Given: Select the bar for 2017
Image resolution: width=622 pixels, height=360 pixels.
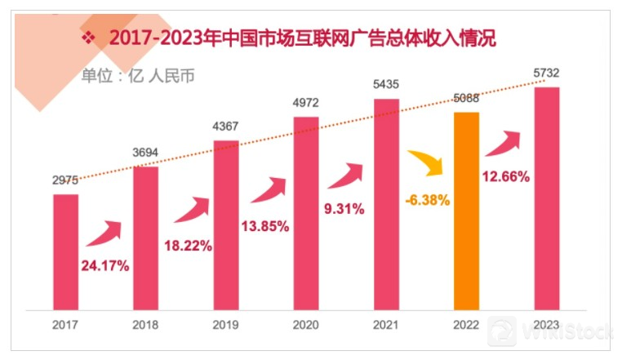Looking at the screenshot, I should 65,251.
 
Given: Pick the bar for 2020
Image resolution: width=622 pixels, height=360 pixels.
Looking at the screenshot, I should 306,213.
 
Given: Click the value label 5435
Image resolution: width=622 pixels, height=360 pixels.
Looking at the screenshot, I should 386,86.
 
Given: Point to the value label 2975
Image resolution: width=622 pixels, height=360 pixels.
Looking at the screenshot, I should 65,181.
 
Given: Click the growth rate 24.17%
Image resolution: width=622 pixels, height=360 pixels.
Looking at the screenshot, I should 104,266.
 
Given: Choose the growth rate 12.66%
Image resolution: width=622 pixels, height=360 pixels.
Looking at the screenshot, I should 507,176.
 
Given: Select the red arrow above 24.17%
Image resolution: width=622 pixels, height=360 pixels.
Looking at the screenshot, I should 105,233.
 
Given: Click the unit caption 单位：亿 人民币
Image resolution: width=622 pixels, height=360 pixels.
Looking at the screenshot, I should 138,76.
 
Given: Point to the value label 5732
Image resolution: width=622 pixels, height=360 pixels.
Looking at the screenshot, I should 546,73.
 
